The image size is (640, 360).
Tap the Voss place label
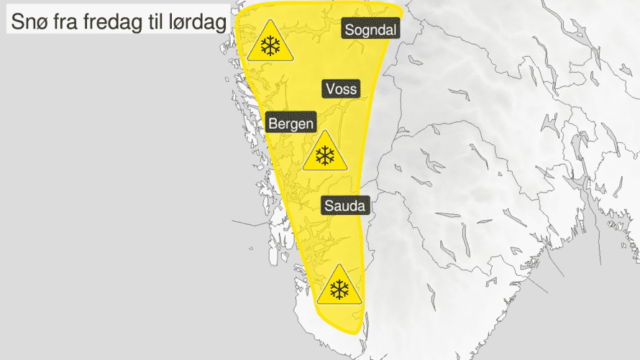click(x=341, y=89)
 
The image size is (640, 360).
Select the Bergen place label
click(x=291, y=124)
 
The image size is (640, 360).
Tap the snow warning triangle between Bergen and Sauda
click(x=326, y=153)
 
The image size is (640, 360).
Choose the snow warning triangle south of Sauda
click(x=339, y=287)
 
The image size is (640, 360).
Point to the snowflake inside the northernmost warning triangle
click(x=270, y=47)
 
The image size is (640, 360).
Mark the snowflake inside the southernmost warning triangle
click(x=339, y=290)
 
